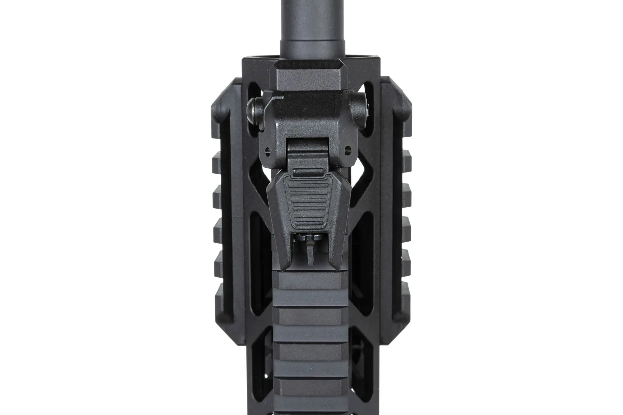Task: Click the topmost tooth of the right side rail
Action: coord(407,155)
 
